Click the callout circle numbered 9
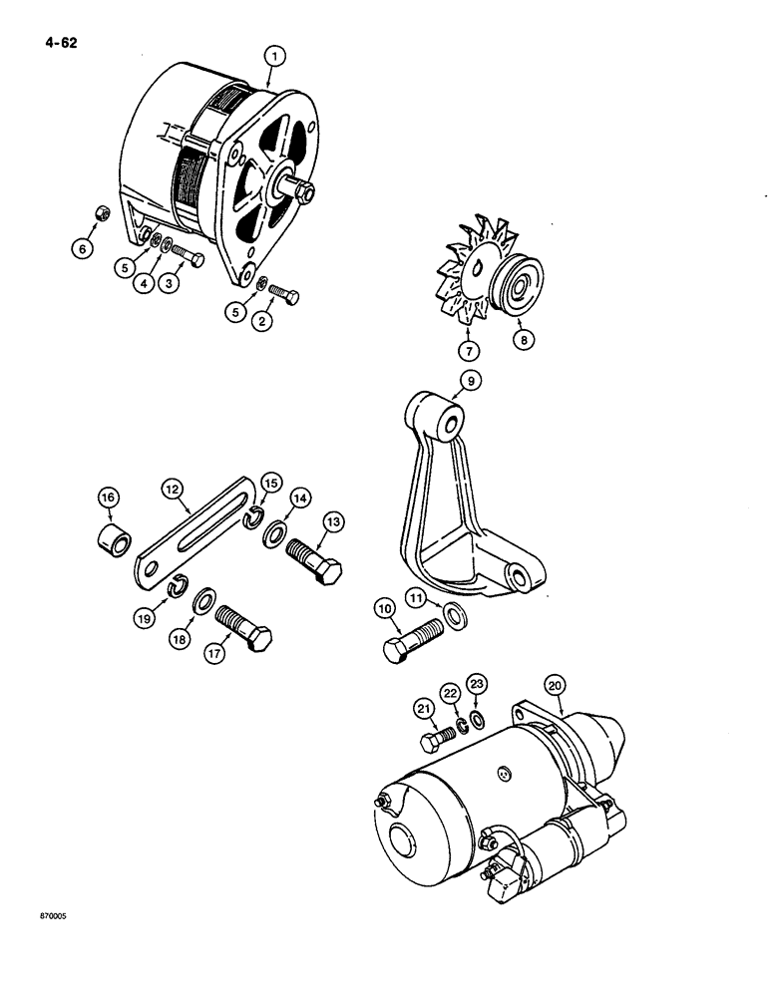[470, 379]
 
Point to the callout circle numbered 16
[108, 497]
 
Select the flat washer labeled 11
[455, 614]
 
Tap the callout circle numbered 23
[477, 685]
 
